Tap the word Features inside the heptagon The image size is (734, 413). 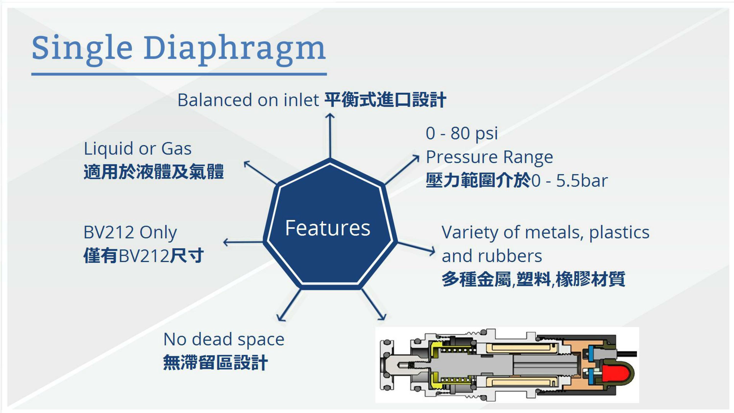[x=328, y=228]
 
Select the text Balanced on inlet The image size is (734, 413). [x=248, y=100]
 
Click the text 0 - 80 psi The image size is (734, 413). [x=462, y=133]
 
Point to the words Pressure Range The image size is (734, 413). [x=489, y=157]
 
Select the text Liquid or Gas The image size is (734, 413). [x=138, y=149]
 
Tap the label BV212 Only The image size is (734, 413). [x=130, y=233]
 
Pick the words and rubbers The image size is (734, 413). [x=492, y=256]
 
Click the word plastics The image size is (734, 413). [x=619, y=233]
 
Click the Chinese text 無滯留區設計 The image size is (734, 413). [x=215, y=363]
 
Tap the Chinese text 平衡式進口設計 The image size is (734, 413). [x=385, y=100]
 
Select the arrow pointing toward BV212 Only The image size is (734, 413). [x=243, y=242]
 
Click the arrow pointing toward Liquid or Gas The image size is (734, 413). [x=260, y=173]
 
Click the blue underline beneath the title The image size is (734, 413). [x=179, y=74]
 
